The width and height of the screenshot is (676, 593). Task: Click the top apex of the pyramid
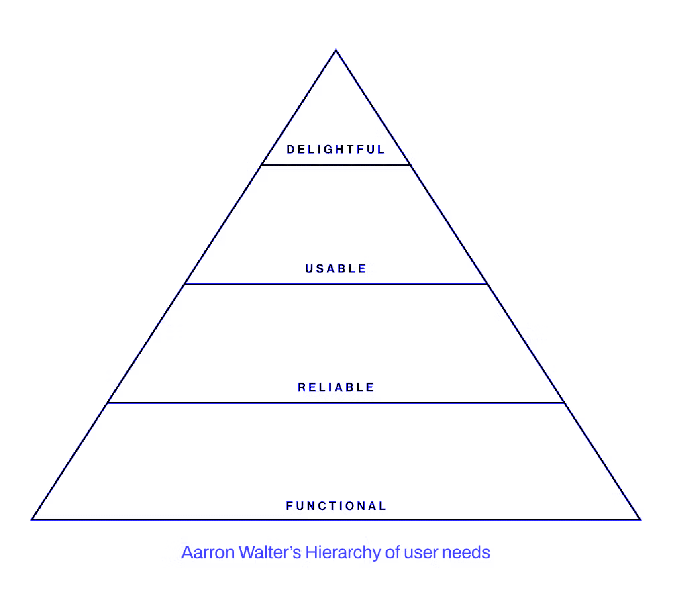336,51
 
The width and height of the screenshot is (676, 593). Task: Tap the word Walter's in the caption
270,553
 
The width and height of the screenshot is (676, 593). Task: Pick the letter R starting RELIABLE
302,387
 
